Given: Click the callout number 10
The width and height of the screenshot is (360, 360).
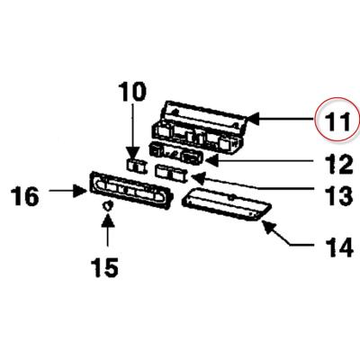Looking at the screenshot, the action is [x=132, y=93].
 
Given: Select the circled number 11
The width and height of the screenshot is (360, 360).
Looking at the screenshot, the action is [x=337, y=121].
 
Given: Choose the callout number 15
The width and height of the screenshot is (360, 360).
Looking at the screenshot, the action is [x=105, y=267].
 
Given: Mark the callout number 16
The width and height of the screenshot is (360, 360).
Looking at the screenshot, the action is [x=25, y=196].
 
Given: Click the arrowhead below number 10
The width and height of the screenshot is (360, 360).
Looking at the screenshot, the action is [x=132, y=152].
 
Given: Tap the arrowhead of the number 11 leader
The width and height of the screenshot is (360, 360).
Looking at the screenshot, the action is [x=252, y=119].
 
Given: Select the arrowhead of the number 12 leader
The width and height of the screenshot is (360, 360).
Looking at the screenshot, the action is [x=212, y=161].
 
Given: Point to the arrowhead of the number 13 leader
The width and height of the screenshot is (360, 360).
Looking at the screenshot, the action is [x=197, y=177].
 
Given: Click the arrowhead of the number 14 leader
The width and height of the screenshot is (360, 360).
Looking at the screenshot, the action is [x=268, y=226].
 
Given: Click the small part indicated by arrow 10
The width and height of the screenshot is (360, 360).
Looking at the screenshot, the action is [x=136, y=166].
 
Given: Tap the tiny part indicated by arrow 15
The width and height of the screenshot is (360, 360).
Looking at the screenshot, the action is [x=107, y=206].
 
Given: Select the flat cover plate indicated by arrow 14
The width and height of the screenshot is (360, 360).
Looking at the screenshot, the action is [x=227, y=204].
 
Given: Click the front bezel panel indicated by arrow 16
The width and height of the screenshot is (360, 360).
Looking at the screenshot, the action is [x=130, y=189].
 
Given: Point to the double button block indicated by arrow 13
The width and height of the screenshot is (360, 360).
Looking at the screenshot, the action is [x=170, y=174].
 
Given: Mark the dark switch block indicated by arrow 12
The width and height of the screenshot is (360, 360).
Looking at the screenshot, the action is [x=176, y=154].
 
